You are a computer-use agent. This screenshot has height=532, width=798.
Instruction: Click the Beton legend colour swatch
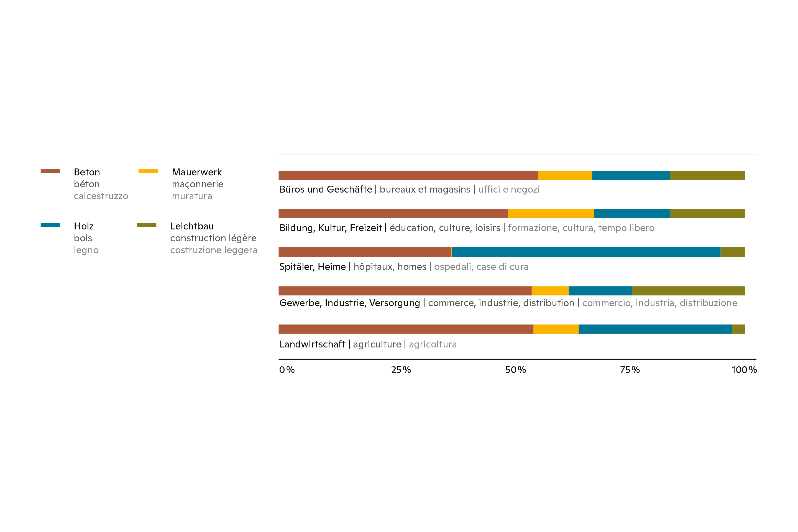pyautogui.click(x=50, y=171)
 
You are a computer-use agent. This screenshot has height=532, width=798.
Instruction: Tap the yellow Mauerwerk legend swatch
pyautogui.click(x=148, y=171)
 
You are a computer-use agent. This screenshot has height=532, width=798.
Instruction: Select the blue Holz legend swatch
pyautogui.click(x=50, y=225)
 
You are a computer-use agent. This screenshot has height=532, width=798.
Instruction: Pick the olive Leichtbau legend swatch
pyautogui.click(x=147, y=225)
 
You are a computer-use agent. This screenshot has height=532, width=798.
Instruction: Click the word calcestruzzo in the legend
pyautogui.click(x=101, y=196)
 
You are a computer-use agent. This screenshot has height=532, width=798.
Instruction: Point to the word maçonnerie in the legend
pyautogui.click(x=198, y=184)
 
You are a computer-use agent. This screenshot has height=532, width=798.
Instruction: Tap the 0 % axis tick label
pyautogui.click(x=287, y=370)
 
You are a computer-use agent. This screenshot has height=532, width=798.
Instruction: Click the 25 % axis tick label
pyautogui.click(x=401, y=370)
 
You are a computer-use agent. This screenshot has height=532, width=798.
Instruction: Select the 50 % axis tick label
pyautogui.click(x=515, y=370)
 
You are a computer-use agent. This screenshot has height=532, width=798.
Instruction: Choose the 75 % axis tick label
pyautogui.click(x=630, y=370)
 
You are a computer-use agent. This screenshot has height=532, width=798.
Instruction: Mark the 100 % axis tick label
pyautogui.click(x=744, y=370)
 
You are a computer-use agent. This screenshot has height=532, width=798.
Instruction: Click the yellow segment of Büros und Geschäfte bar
pyautogui.click(x=565, y=175)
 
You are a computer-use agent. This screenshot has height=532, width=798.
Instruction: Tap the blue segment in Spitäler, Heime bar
pyautogui.click(x=586, y=252)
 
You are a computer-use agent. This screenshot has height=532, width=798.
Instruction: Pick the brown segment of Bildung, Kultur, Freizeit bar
pyautogui.click(x=393, y=213)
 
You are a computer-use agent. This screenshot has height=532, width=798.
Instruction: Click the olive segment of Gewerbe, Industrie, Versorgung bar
pyautogui.click(x=688, y=291)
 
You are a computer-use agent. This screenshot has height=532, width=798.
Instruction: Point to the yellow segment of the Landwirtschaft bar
pyautogui.click(x=556, y=329)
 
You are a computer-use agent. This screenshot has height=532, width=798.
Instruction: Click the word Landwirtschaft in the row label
pyautogui.click(x=312, y=344)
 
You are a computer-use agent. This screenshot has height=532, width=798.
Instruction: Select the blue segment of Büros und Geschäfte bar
pyautogui.click(x=631, y=175)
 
